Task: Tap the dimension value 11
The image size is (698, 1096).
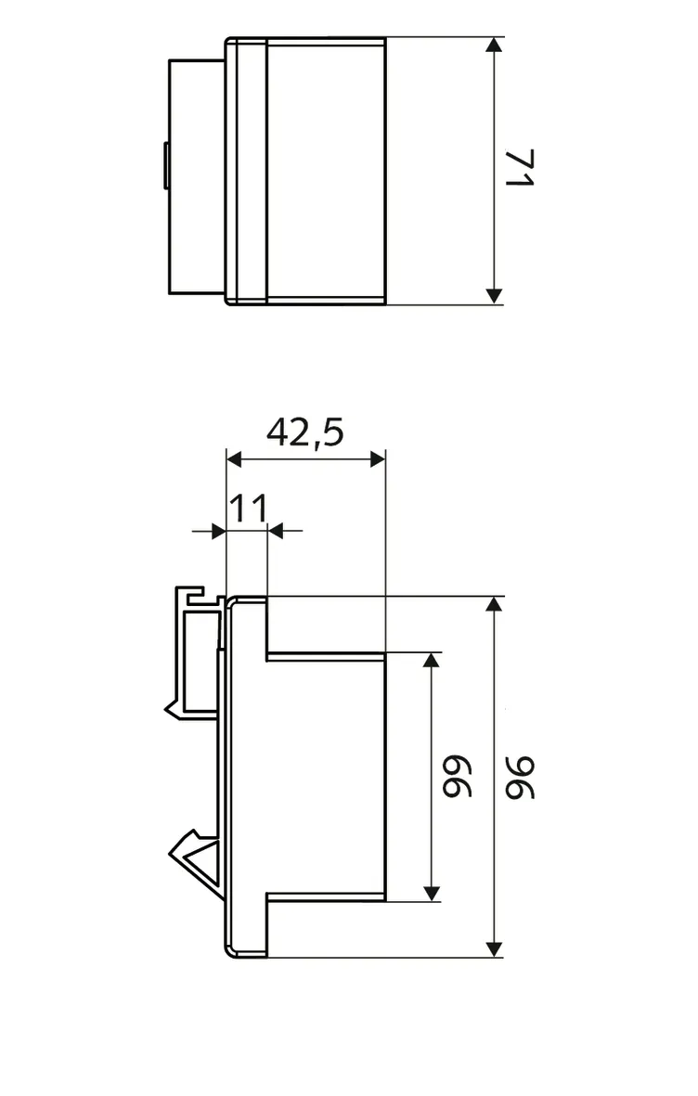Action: point(248,509)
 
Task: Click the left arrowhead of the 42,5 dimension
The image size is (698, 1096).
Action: point(235,458)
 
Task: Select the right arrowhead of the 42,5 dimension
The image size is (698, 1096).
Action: point(376,458)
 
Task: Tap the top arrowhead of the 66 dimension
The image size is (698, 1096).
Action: point(431,661)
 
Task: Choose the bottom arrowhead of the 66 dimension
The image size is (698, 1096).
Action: point(431,892)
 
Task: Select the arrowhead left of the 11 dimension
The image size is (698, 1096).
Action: point(218,531)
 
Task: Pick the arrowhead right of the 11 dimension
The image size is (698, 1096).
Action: point(276,531)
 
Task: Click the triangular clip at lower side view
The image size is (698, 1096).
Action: point(196,855)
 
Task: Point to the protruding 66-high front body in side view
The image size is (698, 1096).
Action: point(325,775)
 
